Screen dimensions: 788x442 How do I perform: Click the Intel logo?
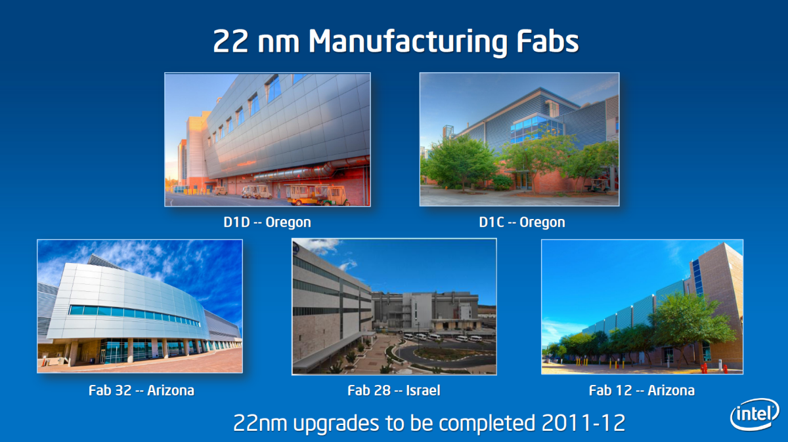pos(755,414)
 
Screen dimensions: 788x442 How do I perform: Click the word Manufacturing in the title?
pos(408,42)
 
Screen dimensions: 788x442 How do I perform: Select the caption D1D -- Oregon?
pos(267,222)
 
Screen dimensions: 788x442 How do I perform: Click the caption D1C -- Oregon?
pos(522,222)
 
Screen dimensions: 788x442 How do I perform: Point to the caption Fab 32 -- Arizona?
pos(141,390)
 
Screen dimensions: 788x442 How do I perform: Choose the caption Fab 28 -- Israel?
pos(394,390)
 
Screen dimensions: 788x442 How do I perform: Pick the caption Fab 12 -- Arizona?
pos(642,390)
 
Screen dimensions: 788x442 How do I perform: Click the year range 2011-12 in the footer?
pos(583,423)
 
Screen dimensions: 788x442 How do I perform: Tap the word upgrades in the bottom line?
pos(337,424)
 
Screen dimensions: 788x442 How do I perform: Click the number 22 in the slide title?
pos(230,42)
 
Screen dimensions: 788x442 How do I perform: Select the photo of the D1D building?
pos(267,140)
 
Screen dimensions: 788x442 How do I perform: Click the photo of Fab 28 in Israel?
pos(394,307)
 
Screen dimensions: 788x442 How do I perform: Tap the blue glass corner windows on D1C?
pos(536,129)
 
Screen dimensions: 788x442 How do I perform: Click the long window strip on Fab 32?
pos(135,315)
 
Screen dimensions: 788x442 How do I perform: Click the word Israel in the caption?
pos(423,390)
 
